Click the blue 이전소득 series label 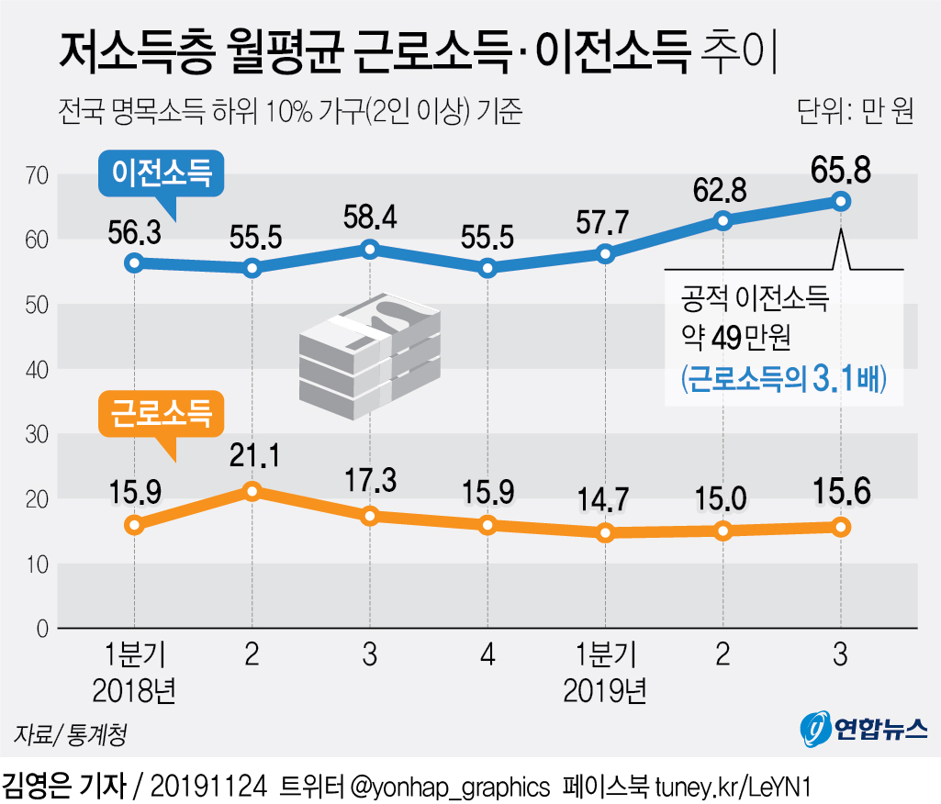pyautogui.click(x=162, y=172)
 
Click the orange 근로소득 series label pyautogui.click(x=162, y=414)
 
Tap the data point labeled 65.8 pyautogui.click(x=840, y=201)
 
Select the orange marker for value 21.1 pyautogui.click(x=252, y=491)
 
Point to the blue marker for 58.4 pyautogui.click(x=370, y=249)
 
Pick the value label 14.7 pyautogui.click(x=604, y=501)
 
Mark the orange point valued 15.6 pyautogui.click(x=840, y=526)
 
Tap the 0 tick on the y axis pyautogui.click(x=41, y=629)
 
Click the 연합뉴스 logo pyautogui.click(x=862, y=728)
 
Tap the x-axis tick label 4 pyautogui.click(x=487, y=655)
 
